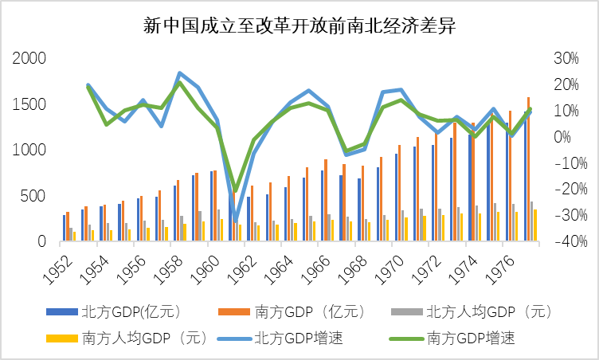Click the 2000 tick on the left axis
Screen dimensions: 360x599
pyautogui.click(x=29, y=58)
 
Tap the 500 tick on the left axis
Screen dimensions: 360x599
pyautogui.click(x=35, y=196)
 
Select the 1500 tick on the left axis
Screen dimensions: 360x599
pyautogui.click(x=29, y=104)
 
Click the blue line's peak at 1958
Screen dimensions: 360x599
pyautogui.click(x=179, y=72)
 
